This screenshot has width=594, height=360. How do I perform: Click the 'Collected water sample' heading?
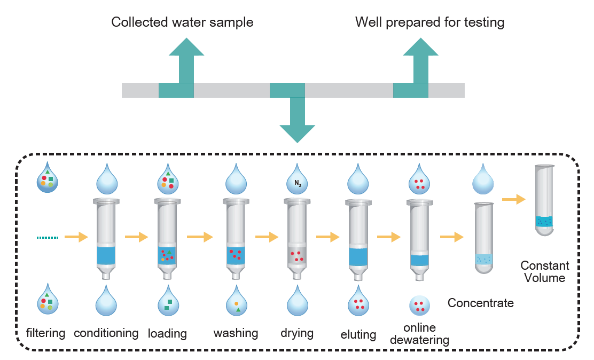point(182,22)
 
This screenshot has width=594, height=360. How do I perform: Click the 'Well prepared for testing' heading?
point(429,22)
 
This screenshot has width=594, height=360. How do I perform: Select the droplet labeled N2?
point(298,182)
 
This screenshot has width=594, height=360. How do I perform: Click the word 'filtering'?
point(45,333)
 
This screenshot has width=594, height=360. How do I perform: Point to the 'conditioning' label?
point(106,333)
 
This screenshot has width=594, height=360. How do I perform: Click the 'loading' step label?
point(167,334)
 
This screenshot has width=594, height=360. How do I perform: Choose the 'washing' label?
point(236,333)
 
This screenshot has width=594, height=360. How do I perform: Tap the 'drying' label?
point(297,333)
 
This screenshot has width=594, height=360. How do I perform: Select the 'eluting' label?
point(358,335)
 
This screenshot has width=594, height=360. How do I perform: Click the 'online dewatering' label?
point(419,333)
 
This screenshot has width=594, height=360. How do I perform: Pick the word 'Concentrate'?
point(480,303)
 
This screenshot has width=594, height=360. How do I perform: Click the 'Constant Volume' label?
point(545,271)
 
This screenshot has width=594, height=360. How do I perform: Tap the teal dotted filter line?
point(48,237)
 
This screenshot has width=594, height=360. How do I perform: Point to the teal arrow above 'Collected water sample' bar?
point(186,59)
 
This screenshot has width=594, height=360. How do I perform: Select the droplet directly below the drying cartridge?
point(298,302)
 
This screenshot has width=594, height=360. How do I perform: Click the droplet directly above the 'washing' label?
point(237,302)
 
